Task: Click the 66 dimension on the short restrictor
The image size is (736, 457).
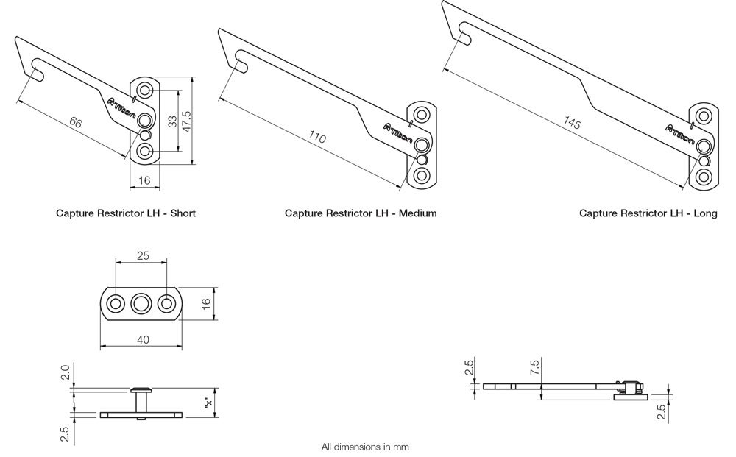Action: tap(75, 122)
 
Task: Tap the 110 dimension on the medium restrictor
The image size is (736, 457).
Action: tap(317, 138)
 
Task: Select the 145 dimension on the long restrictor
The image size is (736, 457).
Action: tap(573, 124)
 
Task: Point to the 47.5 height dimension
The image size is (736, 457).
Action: tap(186, 121)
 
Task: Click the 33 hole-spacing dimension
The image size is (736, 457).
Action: tap(171, 122)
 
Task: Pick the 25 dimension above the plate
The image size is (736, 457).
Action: tap(143, 255)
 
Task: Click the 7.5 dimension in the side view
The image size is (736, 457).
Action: tap(534, 367)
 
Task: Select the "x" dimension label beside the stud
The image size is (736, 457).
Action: tap(208, 403)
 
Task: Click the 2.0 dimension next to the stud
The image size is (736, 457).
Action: tap(66, 372)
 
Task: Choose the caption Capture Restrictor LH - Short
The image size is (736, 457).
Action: tap(126, 213)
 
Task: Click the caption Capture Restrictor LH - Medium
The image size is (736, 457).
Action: tap(361, 213)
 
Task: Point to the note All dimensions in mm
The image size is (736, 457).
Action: tap(365, 447)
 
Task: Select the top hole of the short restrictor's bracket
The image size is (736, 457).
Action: tap(145, 91)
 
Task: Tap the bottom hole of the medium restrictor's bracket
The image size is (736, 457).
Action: tap(422, 176)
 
